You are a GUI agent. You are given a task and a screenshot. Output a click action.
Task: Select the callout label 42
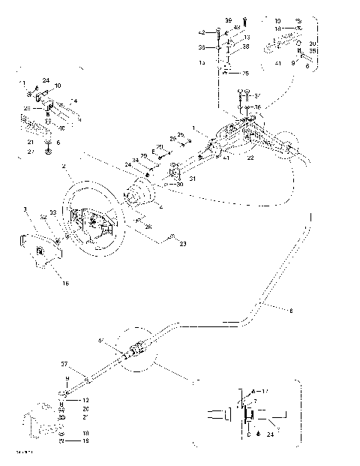pos(202,33)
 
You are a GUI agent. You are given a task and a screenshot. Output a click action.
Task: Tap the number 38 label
pos(244,47)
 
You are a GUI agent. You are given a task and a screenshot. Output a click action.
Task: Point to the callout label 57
pos(64,363)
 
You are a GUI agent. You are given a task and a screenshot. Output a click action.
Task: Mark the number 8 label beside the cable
pos(291,308)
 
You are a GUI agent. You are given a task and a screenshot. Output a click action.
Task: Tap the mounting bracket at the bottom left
pos(42,425)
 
